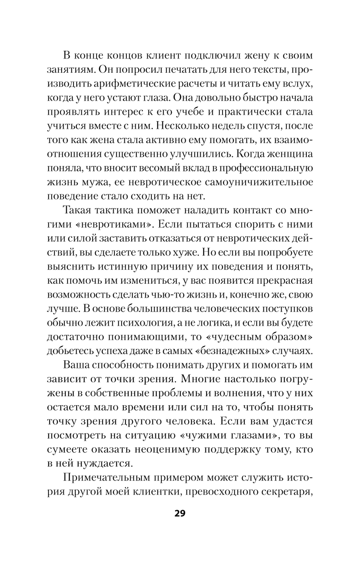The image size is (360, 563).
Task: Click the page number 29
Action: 180,513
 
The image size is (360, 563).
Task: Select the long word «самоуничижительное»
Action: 259,182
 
